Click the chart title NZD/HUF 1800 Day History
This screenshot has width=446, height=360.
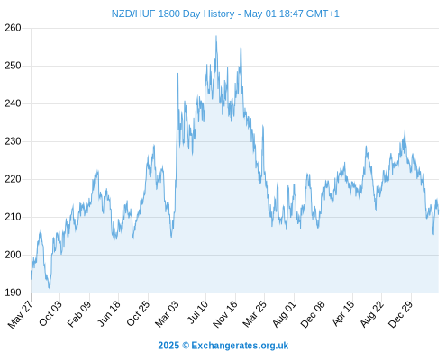point(173,13)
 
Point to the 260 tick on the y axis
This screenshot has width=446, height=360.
point(13,28)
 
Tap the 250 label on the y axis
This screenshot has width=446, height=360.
point(13,66)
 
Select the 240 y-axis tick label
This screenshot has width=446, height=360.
point(13,103)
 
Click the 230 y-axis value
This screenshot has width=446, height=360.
point(13,141)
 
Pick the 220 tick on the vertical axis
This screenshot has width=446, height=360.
point(13,179)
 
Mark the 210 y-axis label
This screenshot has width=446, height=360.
point(13,217)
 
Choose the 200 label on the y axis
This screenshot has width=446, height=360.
point(13,255)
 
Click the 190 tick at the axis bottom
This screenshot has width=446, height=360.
point(13,292)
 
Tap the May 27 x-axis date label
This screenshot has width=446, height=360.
point(21,314)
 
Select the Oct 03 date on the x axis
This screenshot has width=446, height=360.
point(50,313)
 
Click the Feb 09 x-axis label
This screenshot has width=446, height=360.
point(79,313)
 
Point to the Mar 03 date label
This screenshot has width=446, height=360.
point(167,313)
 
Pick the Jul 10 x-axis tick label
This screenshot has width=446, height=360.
point(197,312)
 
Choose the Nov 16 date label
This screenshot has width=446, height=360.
point(225,314)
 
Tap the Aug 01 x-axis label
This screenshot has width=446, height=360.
point(284,314)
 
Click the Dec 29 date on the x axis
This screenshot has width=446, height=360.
point(401,314)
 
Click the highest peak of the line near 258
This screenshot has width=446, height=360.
point(216,36)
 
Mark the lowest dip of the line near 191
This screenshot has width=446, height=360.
point(49,288)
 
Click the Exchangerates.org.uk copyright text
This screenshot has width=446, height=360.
point(223,346)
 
